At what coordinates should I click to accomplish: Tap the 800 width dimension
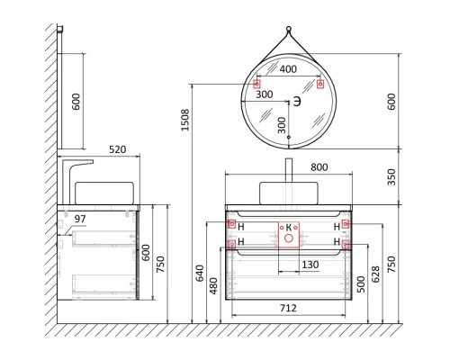tap(287, 166)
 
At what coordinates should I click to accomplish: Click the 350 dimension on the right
tap(390, 178)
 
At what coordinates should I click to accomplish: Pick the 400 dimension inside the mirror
tap(287, 68)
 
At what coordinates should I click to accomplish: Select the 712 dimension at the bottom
tap(287, 308)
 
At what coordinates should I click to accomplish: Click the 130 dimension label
tap(309, 264)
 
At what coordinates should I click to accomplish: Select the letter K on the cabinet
tap(288, 228)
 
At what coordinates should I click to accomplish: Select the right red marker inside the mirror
tap(319, 84)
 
